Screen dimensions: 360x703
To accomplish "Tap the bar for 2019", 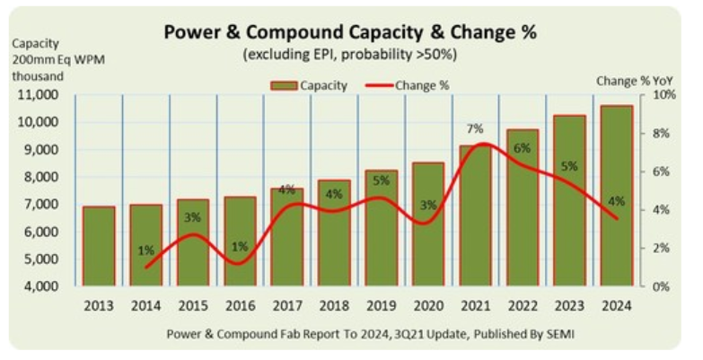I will tap(381, 228).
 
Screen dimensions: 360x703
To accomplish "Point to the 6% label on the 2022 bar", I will tap(522, 148).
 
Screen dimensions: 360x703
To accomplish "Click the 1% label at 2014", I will tap(145, 250).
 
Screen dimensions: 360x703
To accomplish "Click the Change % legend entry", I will tap(408, 84).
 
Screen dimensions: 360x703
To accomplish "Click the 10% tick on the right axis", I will tap(662, 94).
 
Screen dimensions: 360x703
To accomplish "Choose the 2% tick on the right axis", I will tap(659, 248).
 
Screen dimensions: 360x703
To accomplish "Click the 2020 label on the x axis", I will tap(428, 305).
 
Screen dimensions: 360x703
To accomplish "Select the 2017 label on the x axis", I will tap(286, 305).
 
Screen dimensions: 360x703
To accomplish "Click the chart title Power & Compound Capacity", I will tap(350, 33).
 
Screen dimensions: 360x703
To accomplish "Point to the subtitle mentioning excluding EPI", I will tap(350, 55).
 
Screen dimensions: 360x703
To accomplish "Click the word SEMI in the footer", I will tap(558, 334).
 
